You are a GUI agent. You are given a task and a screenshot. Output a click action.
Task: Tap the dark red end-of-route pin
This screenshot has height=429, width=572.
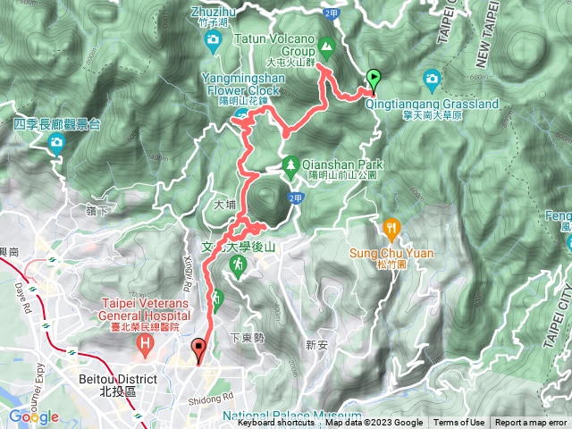pos(198,349)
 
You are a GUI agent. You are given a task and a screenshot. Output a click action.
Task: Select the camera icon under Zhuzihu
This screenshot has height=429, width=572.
pos(212,39)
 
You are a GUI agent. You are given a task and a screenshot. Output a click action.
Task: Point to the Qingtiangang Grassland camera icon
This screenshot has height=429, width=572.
pos(433,79)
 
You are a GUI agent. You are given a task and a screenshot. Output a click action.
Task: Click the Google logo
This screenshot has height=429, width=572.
pos(33,416)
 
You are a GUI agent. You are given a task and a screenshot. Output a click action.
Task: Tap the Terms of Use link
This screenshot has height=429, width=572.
pos(459,424)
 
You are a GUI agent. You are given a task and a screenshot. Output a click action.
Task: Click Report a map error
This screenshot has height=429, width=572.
pos(531,424)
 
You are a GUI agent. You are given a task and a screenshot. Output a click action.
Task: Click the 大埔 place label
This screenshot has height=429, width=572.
pos(224,204)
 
